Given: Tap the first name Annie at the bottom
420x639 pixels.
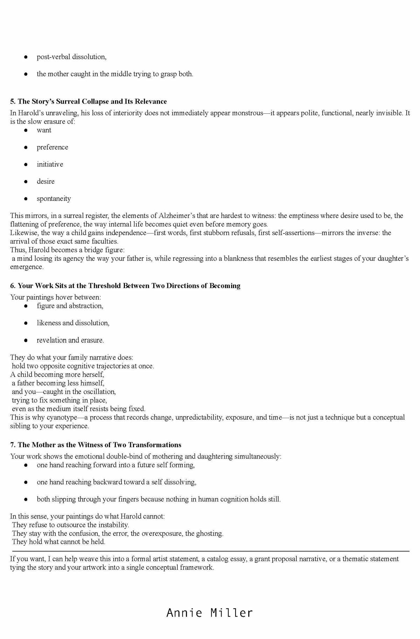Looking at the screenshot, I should click(x=184, y=613).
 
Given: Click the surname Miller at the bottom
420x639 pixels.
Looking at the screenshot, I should click(x=231, y=613).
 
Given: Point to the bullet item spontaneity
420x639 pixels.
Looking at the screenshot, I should click(x=54, y=198).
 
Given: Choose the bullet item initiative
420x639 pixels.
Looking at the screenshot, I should click(x=50, y=164).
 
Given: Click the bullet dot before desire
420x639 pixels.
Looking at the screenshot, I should click(x=26, y=182).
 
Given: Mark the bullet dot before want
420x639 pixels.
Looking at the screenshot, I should click(x=26, y=130).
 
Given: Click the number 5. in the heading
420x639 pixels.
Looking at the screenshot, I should click(x=13, y=101).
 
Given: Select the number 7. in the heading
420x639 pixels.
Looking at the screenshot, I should click(x=13, y=445).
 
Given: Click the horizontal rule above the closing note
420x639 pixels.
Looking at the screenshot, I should click(x=210, y=551).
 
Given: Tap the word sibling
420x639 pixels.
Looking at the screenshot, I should click(x=21, y=426).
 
